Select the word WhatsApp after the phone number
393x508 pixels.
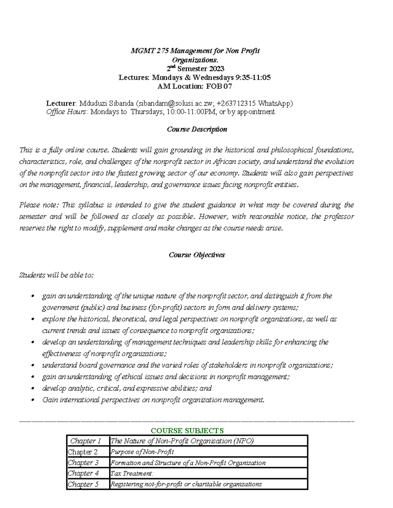pos(274,103)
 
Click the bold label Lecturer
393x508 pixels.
pos(61,103)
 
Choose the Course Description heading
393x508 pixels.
pos(197,129)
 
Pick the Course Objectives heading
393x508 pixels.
pos(196,255)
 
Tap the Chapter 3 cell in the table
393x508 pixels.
pos(83,463)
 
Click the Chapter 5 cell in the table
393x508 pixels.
pos(83,484)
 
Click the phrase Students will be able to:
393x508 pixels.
pos(56,275)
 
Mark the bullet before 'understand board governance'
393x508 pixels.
pos(32,366)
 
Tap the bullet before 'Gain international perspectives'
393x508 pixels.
pos(32,400)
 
